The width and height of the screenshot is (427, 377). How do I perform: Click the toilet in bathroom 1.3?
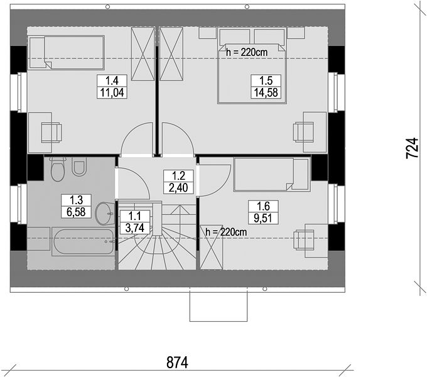58,169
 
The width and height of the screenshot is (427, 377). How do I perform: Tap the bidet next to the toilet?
79,167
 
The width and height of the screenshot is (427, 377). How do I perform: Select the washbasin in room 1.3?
105,214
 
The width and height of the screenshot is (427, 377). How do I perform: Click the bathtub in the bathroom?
84,242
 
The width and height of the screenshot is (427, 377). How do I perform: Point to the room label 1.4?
112,80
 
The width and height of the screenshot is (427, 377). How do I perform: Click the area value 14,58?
266,92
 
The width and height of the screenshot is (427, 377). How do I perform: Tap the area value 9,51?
263,218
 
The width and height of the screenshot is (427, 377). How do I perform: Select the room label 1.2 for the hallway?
178,176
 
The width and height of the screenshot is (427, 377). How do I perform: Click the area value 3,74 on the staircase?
135,228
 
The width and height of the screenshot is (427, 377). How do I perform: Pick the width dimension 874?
177,363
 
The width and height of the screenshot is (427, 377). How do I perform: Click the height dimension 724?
412,148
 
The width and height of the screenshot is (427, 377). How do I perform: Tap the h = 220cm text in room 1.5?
247,52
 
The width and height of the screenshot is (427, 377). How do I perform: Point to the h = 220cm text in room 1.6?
226,232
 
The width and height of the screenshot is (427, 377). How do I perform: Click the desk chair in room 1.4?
51,133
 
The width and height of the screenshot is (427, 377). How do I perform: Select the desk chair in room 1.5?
303,132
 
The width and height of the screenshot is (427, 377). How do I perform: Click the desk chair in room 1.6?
303,240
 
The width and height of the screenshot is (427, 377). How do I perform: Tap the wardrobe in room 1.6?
212,248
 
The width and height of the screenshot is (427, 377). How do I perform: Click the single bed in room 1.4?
67,53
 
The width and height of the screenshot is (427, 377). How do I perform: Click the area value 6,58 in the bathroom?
76,212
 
